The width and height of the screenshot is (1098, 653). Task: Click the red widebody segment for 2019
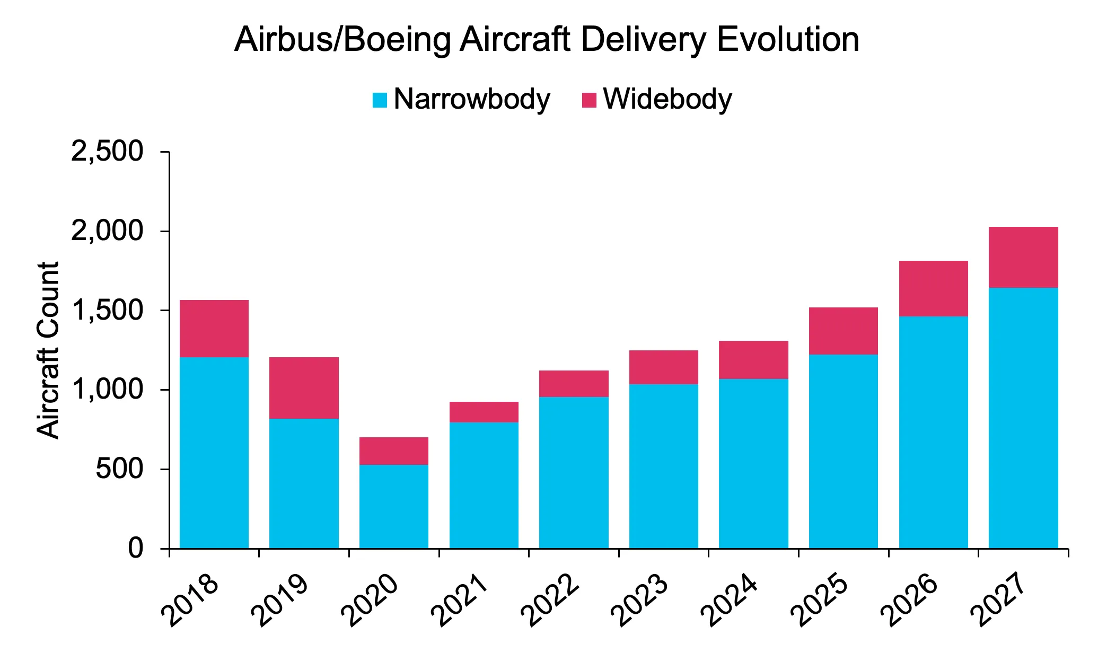click(304, 388)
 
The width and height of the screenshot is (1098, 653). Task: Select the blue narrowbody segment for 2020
click(393, 506)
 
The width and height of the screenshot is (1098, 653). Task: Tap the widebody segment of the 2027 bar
click(1023, 257)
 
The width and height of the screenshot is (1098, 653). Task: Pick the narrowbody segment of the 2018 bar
click(214, 453)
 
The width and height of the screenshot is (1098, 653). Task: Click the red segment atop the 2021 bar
click(484, 412)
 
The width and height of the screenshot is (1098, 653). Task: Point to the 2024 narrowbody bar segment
click(753, 463)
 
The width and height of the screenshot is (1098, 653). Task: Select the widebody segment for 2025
click(843, 331)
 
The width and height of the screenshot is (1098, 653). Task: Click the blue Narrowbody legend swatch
click(380, 100)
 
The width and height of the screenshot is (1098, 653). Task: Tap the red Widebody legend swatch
click(589, 100)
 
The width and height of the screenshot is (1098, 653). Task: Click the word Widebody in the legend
click(667, 99)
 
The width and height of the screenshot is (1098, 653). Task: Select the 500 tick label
click(119, 469)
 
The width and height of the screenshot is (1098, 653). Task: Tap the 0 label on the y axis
click(136, 548)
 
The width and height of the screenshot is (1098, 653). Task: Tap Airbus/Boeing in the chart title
click(341, 40)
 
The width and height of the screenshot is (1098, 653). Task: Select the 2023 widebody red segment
click(663, 367)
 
